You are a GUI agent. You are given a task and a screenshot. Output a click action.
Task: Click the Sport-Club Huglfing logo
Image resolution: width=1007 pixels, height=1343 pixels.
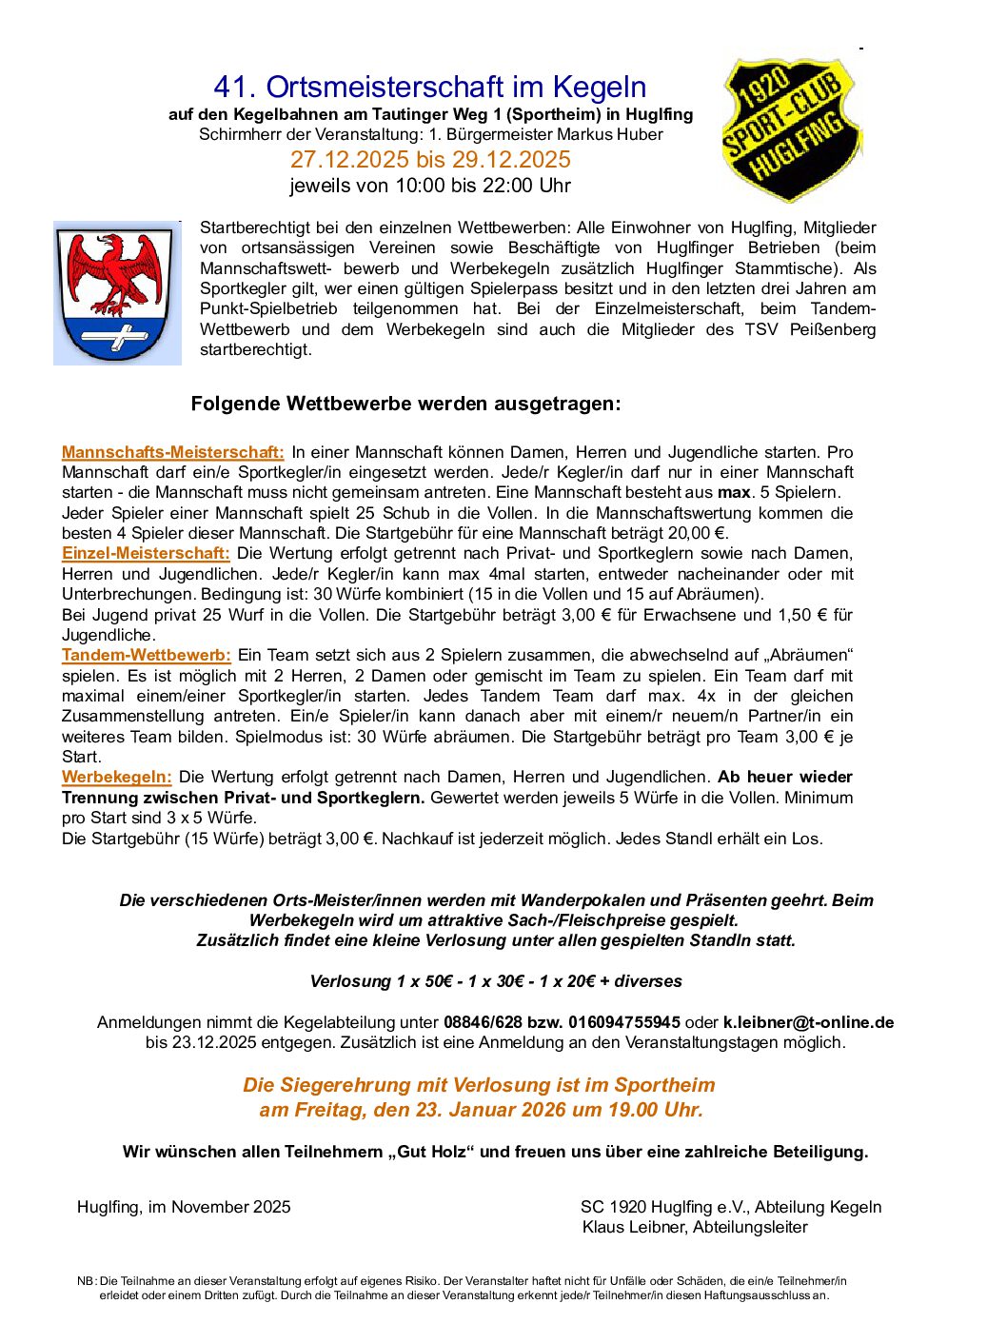(x=791, y=129)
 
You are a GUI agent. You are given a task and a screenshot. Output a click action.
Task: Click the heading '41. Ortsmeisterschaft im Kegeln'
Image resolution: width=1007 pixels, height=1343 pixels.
(x=429, y=88)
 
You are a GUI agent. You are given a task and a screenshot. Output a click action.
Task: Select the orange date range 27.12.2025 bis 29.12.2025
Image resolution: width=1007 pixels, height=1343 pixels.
(x=430, y=159)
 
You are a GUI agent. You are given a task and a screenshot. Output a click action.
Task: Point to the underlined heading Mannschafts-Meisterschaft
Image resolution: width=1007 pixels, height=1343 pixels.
(x=172, y=452)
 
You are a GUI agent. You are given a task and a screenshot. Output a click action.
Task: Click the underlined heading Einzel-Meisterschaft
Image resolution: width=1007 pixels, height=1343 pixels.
(x=146, y=553)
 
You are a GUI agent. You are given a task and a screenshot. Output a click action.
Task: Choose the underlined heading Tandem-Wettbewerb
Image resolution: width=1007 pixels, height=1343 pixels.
(x=146, y=655)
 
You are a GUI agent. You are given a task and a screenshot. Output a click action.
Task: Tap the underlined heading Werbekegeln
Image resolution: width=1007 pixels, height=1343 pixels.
(x=116, y=777)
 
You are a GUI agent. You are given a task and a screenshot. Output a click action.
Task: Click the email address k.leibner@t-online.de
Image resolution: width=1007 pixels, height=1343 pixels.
(x=808, y=1022)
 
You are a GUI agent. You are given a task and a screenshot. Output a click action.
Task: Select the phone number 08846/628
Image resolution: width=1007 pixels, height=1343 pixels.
(x=483, y=1022)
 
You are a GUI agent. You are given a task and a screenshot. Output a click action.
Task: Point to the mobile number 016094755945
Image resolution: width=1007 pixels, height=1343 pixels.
(x=623, y=1022)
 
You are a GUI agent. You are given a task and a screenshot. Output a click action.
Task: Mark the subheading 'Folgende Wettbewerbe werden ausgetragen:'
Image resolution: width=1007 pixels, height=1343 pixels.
(x=405, y=404)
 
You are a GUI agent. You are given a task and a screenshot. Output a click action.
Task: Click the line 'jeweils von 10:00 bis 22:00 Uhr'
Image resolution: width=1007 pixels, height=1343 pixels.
(x=430, y=186)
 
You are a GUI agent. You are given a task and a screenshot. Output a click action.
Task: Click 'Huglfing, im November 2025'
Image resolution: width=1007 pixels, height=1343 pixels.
(x=184, y=1207)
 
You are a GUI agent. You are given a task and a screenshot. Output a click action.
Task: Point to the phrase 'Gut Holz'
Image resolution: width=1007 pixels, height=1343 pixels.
(x=433, y=1152)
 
